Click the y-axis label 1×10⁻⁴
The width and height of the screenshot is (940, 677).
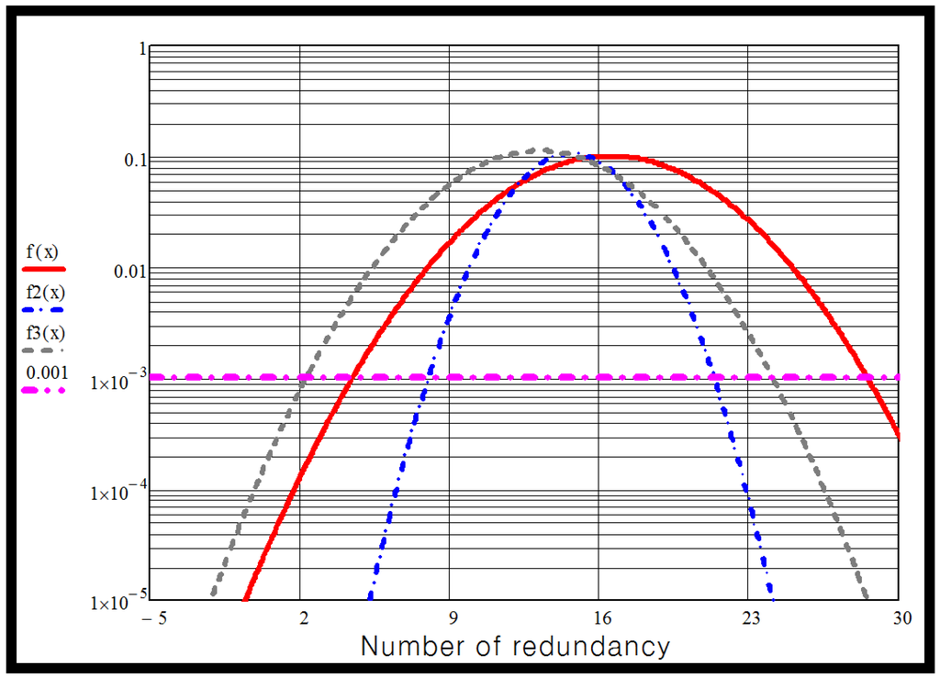pos(116,493)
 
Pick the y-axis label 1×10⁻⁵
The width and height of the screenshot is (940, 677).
pos(116,604)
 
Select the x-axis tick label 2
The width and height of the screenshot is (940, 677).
pos(301,619)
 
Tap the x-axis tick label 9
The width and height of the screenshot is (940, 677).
pos(450,619)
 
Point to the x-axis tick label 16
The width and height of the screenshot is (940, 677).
pos(599,619)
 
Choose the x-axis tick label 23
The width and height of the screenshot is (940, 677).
pos(749,619)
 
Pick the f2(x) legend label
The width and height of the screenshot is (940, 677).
pos(44,293)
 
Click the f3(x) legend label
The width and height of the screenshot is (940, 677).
pos(44,332)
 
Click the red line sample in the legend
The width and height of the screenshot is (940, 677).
pos(44,270)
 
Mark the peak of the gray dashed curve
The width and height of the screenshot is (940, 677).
pos(545,150)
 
